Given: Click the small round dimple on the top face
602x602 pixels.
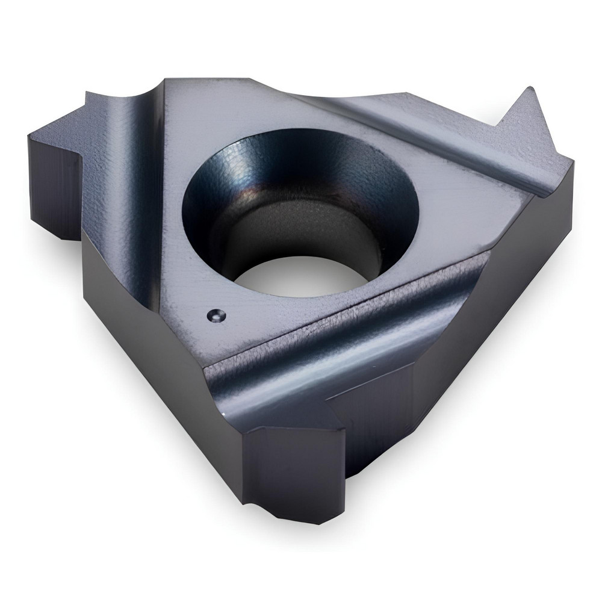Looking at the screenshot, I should [x=215, y=314].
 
